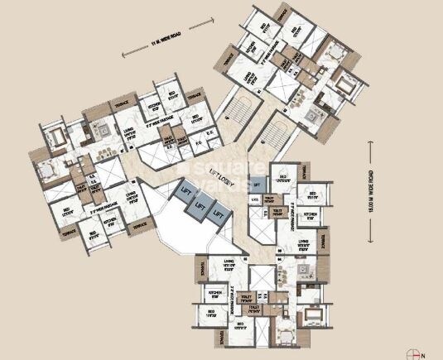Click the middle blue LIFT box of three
pyautogui.click(x=200, y=204)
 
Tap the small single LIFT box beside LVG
pyautogui.click(x=257, y=187)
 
